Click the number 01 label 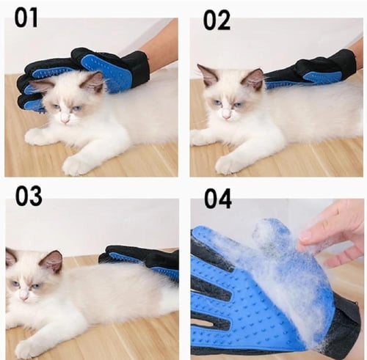tap(26, 18)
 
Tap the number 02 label tap(217, 21)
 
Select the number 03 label tap(29, 196)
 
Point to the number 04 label tap(218, 199)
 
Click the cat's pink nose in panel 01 tap(65, 119)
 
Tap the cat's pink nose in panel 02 tap(226, 114)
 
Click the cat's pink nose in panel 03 tap(24, 296)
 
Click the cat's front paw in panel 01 tap(76, 166)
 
